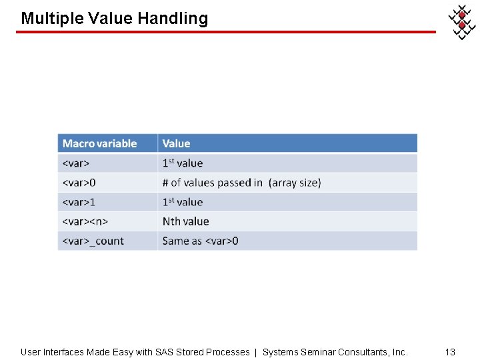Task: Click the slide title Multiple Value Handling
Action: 114,18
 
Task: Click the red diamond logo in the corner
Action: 461,21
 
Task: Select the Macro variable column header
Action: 99,143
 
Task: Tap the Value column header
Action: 176,143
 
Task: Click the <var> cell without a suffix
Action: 76,163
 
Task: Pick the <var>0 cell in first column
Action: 79,183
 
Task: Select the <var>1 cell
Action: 79,202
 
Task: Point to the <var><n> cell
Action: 85,221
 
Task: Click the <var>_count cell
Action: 93,241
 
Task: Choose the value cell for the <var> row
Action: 183,163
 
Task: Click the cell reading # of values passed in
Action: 213,183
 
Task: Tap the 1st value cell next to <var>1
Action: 183,202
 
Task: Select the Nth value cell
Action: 185,221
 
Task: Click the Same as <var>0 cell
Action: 200,241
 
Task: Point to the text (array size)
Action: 295,183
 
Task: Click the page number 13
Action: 450,351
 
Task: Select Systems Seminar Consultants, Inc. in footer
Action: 335,351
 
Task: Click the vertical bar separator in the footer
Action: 256,351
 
